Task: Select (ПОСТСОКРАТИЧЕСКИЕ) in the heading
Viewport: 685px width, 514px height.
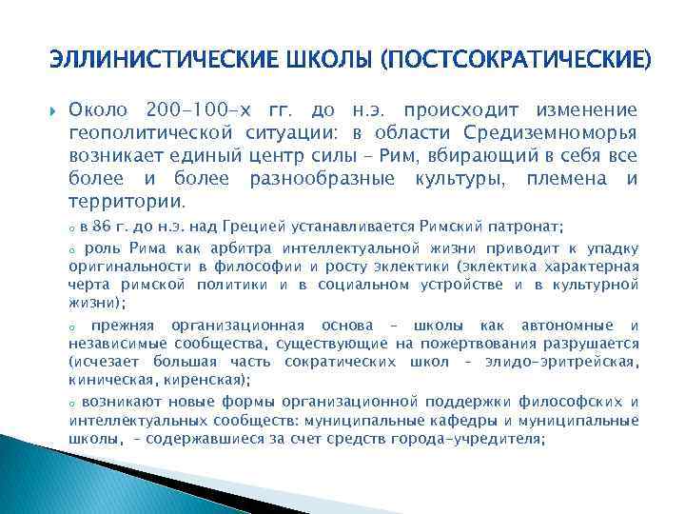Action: coord(516,62)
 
